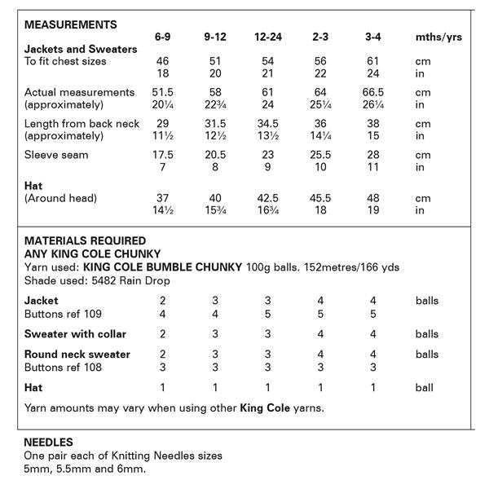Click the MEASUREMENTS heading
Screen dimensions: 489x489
(x=71, y=25)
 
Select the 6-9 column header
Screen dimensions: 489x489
(x=163, y=37)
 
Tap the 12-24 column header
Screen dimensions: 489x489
(x=267, y=37)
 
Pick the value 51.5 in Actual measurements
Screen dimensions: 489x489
(x=164, y=93)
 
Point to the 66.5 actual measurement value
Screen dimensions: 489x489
(x=372, y=93)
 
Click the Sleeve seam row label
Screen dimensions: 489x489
(x=56, y=155)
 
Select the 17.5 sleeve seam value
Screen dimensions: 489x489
(x=164, y=155)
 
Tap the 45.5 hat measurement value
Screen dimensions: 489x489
(x=319, y=198)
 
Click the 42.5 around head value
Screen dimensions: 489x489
(x=267, y=198)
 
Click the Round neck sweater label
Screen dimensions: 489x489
(x=77, y=355)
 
